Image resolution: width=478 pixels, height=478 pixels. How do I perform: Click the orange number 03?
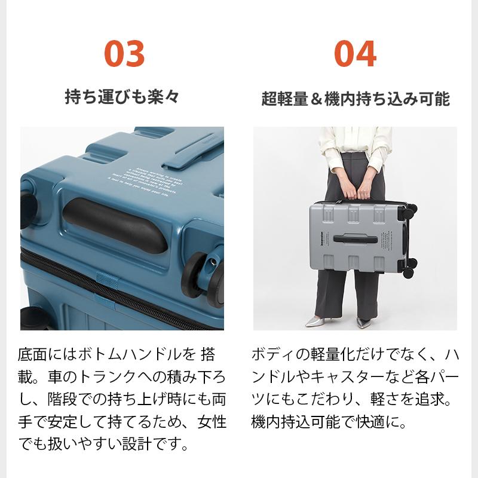[x=124, y=54]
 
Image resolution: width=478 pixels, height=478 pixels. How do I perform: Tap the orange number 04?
[x=355, y=54]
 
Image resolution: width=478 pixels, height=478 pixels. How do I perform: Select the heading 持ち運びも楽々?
[x=122, y=97]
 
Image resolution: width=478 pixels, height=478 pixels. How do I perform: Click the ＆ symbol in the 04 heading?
[x=316, y=99]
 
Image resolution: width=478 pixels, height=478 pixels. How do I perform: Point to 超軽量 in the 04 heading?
[x=284, y=99]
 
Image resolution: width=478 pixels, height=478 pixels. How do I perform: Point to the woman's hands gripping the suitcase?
[x=357, y=195]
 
